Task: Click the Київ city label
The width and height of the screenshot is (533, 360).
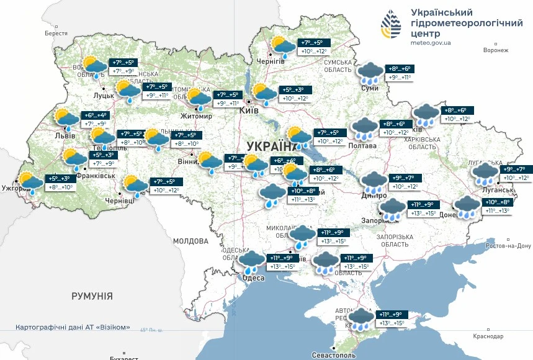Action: (249, 110)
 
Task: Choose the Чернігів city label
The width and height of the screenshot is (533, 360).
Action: (271, 61)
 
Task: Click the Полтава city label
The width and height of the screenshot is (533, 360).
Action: (363, 146)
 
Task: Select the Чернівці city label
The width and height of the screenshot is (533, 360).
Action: (120, 201)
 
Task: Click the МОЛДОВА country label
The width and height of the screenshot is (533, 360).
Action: (190, 241)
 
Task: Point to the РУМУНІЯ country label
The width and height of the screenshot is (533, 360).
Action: (92, 296)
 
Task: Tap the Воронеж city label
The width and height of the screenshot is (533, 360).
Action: (495, 50)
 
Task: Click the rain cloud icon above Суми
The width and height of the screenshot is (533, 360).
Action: (370, 73)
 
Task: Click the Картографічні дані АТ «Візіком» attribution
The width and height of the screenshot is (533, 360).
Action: (73, 327)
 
